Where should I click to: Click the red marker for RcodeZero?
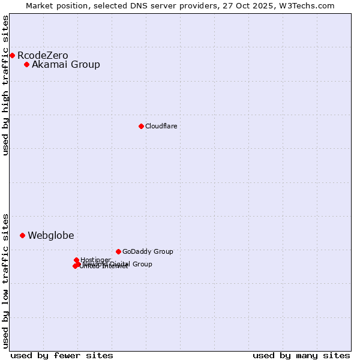pyautogui.click(x=12, y=55)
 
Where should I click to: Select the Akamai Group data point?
pyautogui.click(x=26, y=64)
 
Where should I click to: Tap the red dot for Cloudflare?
pyautogui.click(x=141, y=126)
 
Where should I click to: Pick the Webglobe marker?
pyautogui.click(x=22, y=235)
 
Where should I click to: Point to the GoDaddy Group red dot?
pyautogui.click(x=118, y=251)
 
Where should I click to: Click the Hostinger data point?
pyautogui.click(x=76, y=260)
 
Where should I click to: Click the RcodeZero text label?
pyautogui.click(x=43, y=56)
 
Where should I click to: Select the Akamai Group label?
pyautogui.click(x=66, y=65)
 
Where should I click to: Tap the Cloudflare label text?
pyautogui.click(x=161, y=126)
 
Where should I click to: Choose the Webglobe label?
pyautogui.click(x=51, y=236)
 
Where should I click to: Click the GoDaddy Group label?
pyautogui.click(x=148, y=252)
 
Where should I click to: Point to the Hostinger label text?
pyautogui.click(x=96, y=260)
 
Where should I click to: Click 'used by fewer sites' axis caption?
pyautogui.click(x=62, y=355)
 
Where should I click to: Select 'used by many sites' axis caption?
pyautogui.click(x=301, y=355)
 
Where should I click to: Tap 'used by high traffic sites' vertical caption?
pyautogui.click(x=5, y=85)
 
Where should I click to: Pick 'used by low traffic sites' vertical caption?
pyautogui.click(x=5, y=281)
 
